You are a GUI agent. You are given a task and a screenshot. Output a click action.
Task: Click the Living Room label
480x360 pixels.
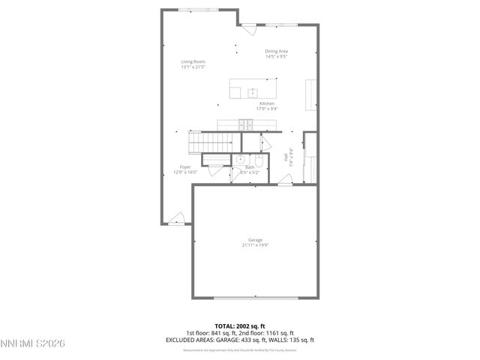(193, 61)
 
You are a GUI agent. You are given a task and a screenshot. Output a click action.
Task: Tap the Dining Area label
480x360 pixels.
(276, 51)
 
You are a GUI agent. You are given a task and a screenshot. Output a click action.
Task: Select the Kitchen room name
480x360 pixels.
(267, 103)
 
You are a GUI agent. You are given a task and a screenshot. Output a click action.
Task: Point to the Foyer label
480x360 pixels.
(185, 166)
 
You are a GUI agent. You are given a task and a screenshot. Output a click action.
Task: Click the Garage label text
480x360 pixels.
(256, 240)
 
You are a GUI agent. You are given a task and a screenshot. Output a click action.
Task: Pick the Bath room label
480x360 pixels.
(249, 167)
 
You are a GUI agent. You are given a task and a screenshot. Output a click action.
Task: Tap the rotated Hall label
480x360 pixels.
(286, 157)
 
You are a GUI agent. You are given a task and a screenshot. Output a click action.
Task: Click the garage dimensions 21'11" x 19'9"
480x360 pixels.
(256, 245)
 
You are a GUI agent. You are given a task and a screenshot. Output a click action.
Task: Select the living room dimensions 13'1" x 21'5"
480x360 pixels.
(193, 67)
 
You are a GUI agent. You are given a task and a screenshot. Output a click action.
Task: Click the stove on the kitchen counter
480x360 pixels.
(244, 124)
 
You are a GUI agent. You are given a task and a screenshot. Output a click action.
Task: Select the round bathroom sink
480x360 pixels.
(240, 159)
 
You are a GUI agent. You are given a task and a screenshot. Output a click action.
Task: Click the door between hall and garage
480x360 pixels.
(284, 179)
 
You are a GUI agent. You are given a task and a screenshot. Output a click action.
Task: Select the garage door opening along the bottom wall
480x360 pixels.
(256, 298)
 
